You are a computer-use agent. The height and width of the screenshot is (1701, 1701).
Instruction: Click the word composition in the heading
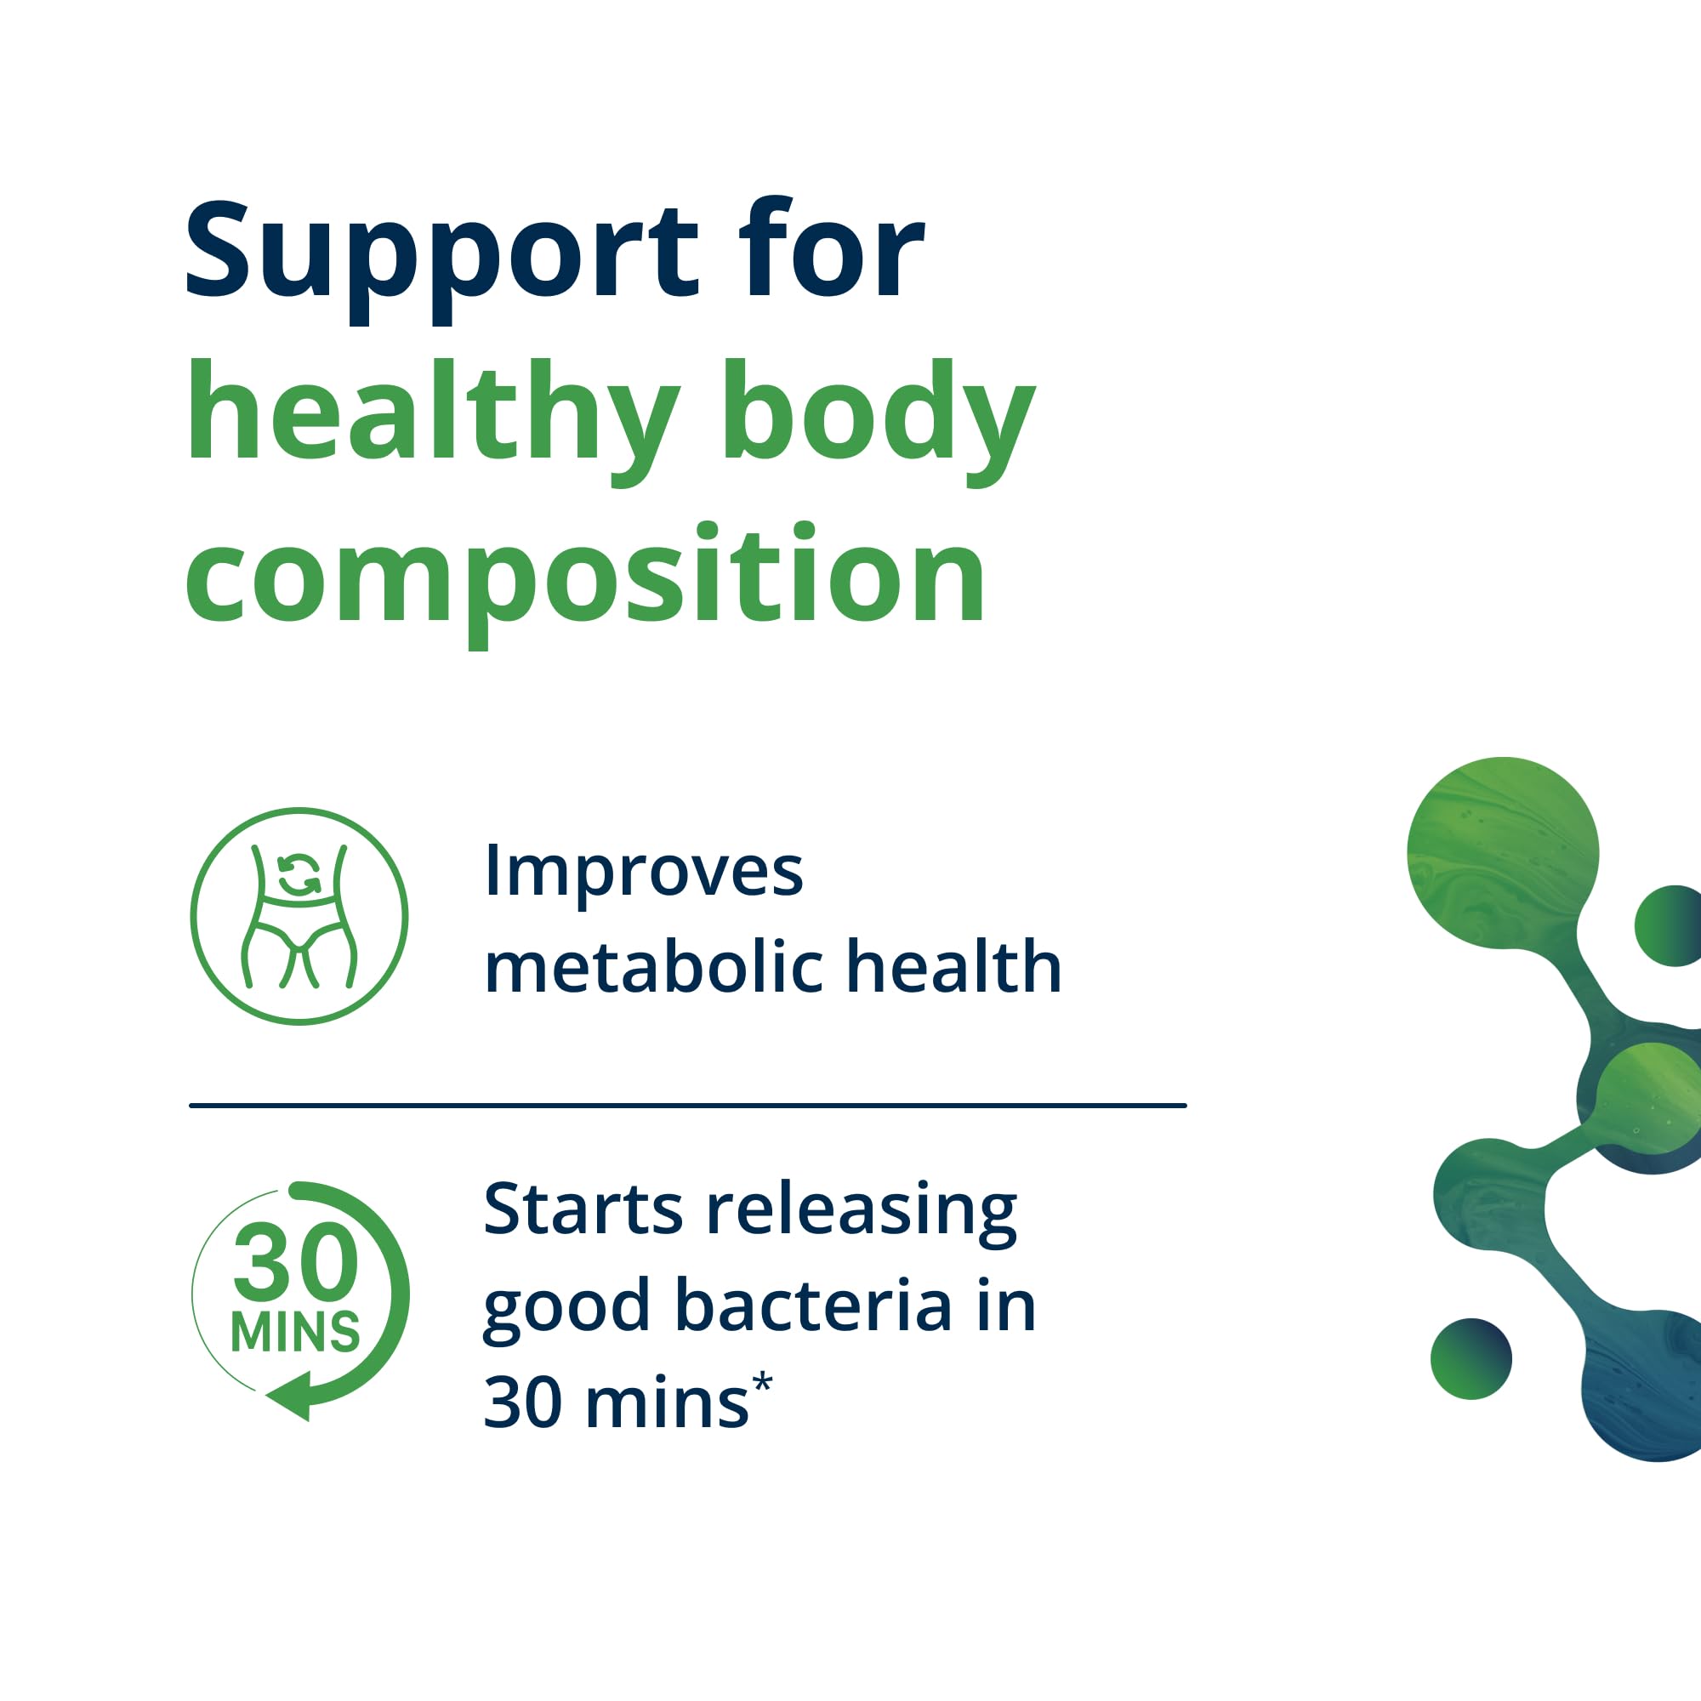[585, 581]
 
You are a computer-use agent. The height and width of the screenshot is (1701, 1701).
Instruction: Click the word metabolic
[653, 967]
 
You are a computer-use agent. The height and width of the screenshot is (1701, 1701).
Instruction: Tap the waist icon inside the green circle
[299, 916]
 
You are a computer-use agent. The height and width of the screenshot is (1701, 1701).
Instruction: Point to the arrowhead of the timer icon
[290, 1395]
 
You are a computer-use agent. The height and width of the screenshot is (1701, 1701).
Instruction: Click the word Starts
[583, 1209]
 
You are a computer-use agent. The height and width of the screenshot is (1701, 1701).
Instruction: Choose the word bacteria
[814, 1306]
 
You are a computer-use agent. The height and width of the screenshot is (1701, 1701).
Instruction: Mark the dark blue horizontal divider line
[687, 1105]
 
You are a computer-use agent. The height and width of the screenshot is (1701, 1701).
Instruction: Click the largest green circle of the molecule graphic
[1503, 852]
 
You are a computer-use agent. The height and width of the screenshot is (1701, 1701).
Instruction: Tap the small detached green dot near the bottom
[1471, 1358]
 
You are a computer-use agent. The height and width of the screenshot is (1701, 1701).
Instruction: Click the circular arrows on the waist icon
[299, 875]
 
